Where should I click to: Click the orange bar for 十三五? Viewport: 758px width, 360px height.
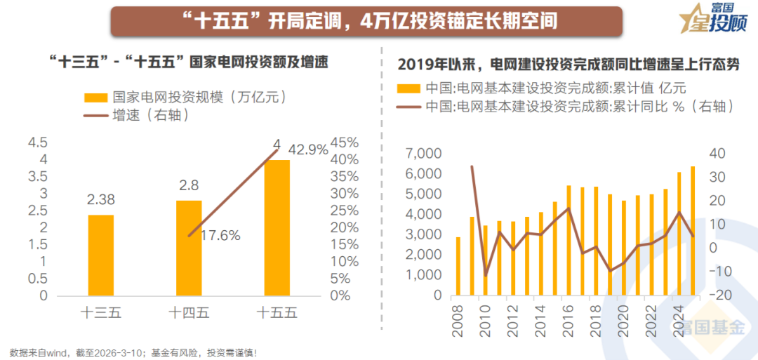click(x=101, y=255)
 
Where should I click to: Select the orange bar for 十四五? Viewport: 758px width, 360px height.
click(x=189, y=248)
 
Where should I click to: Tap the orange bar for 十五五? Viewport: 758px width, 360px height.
click(x=277, y=227)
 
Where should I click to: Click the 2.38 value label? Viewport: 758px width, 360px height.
click(x=101, y=200)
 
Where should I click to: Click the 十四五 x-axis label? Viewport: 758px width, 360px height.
click(x=189, y=314)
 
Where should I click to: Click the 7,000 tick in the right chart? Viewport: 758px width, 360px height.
click(x=423, y=154)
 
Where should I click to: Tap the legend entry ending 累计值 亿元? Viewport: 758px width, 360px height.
click(x=554, y=89)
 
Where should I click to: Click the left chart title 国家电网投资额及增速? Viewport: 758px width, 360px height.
click(x=189, y=62)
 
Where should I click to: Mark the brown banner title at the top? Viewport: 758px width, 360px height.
click(x=366, y=21)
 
